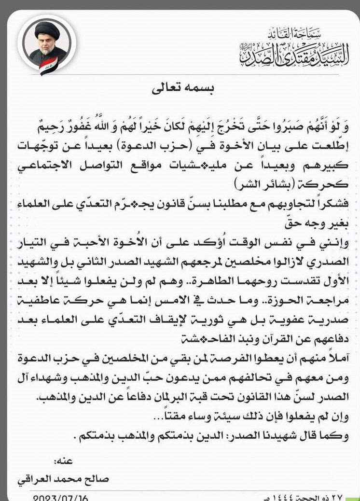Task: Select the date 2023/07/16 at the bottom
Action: click(x=61, y=497)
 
